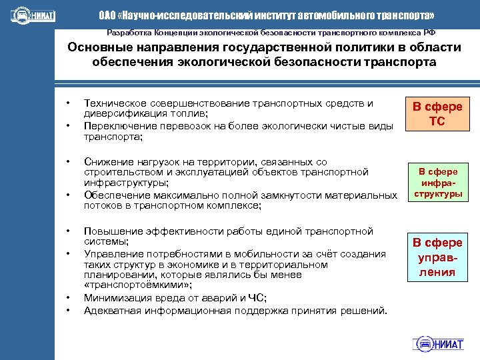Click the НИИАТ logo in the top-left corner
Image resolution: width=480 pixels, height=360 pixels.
point(33,15)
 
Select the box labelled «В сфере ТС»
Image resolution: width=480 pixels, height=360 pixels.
point(437,115)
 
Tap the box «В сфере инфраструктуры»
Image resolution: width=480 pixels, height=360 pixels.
point(438,183)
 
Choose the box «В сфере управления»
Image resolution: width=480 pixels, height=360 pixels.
point(437,257)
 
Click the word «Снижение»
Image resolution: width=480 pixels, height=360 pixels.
point(105,162)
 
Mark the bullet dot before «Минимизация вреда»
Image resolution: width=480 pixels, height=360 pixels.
point(67,298)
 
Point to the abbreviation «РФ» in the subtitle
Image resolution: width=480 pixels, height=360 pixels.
point(430,32)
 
